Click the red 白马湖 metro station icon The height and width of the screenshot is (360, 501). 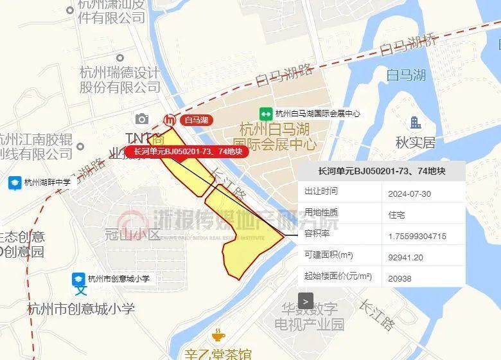170,120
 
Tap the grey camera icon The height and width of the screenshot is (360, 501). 142,119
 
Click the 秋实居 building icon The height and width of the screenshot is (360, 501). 416,122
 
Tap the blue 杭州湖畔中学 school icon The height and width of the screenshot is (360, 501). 13,183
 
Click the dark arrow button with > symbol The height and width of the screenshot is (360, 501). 306,300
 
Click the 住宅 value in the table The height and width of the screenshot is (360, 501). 397,215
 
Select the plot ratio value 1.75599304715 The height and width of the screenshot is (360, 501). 417,236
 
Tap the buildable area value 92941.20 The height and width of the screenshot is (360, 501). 406,257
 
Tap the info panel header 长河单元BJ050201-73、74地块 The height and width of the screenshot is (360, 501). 382,171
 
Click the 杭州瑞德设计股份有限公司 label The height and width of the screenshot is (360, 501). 119,79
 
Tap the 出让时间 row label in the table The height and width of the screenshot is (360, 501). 321,192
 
